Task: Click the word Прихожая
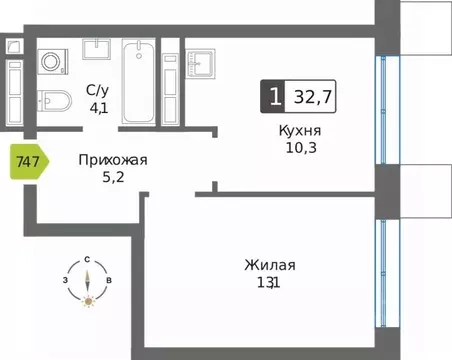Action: (112, 159)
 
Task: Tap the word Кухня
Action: (300, 132)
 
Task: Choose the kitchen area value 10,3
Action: (300, 149)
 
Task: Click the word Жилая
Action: (269, 265)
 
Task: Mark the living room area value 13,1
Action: (269, 283)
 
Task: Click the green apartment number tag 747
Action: (27, 161)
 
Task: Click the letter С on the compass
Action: (88, 259)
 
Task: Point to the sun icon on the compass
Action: (88, 301)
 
